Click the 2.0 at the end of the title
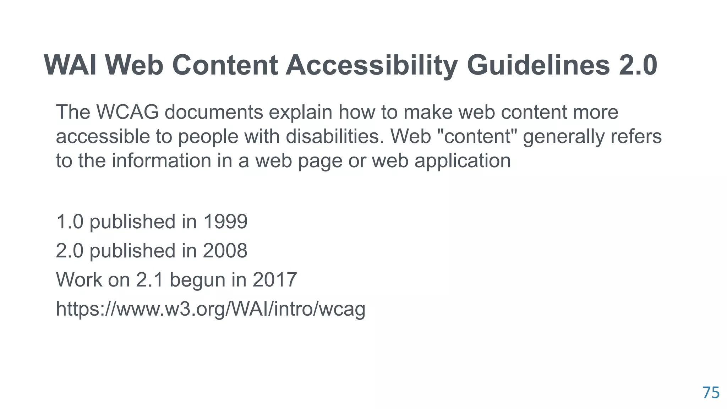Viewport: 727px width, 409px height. [x=638, y=65]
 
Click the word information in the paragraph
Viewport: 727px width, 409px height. [x=162, y=160]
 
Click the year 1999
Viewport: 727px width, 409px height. [x=225, y=222]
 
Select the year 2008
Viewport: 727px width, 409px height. [x=225, y=251]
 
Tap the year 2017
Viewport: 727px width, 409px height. [x=274, y=280]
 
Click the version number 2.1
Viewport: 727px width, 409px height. [x=149, y=280]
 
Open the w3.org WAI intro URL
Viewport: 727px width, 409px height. [x=211, y=309]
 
